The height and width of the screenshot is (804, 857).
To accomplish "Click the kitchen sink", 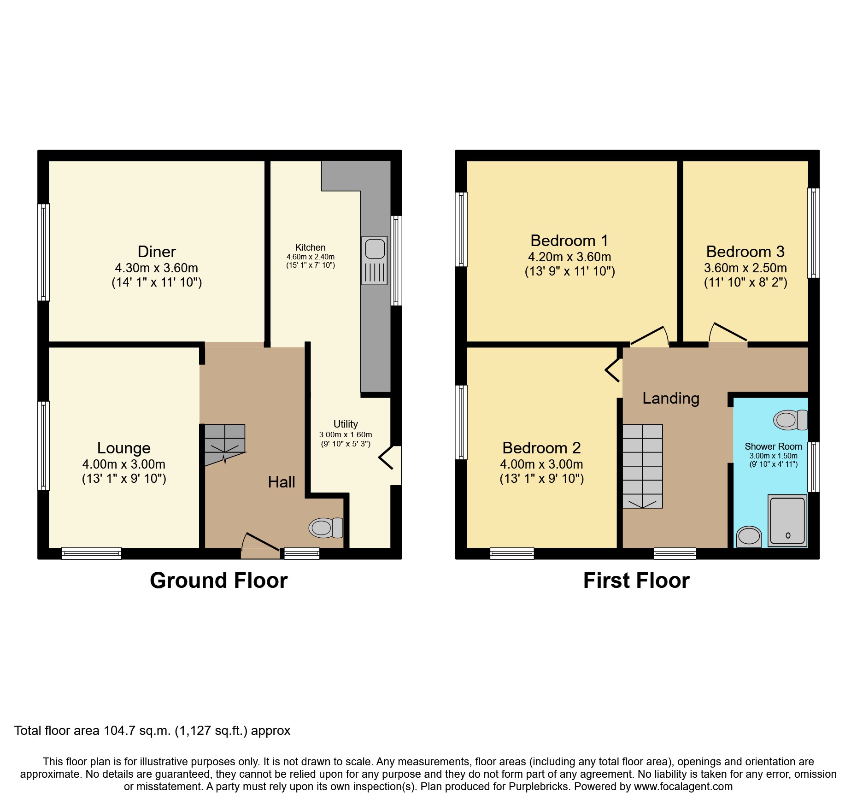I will tap(375, 260).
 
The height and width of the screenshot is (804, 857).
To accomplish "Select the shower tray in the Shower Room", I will tap(787, 520).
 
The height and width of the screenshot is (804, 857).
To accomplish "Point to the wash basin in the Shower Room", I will tap(749, 536).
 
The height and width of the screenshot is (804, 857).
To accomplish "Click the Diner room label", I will tap(157, 252).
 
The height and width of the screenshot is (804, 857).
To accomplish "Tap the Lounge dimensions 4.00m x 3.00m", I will tap(124, 464).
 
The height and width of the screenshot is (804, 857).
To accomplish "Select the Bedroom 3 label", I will tap(745, 252).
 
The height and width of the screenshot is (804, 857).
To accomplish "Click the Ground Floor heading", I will tap(218, 581).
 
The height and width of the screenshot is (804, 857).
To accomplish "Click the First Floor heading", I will tap(636, 581).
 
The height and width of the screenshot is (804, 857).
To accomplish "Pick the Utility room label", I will tap(346, 424).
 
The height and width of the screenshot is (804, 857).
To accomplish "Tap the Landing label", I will tap(671, 398).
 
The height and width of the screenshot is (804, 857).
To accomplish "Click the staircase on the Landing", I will tap(643, 466).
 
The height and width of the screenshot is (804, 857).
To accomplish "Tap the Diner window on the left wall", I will tap(43, 252).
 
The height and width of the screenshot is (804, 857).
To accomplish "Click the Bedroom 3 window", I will tap(814, 233).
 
